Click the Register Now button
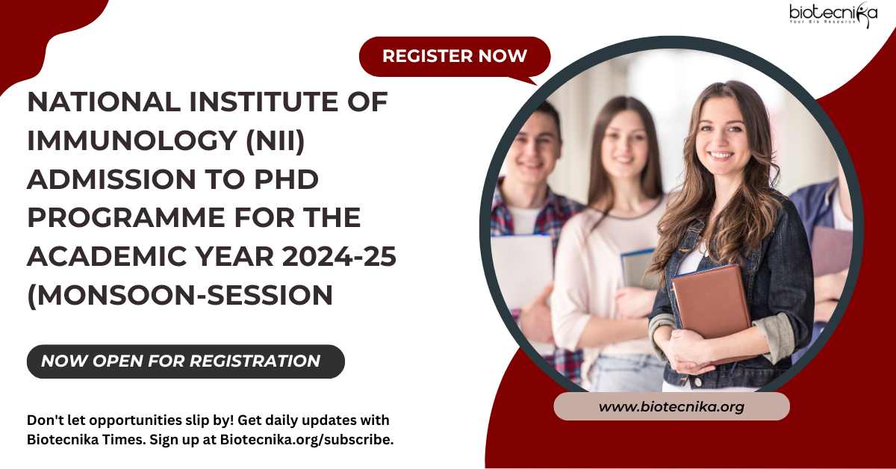click(455, 57)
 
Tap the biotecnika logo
click(833, 15)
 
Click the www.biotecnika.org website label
click(671, 406)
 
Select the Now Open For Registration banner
click(186, 361)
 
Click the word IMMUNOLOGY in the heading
click(132, 140)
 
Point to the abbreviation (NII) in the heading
click(276, 141)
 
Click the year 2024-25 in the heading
click(339, 256)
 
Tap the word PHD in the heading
click(287, 179)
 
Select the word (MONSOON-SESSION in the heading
click(180, 296)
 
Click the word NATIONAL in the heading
click(104, 102)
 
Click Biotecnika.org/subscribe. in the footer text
click(307, 440)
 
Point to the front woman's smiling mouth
click(721, 155)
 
